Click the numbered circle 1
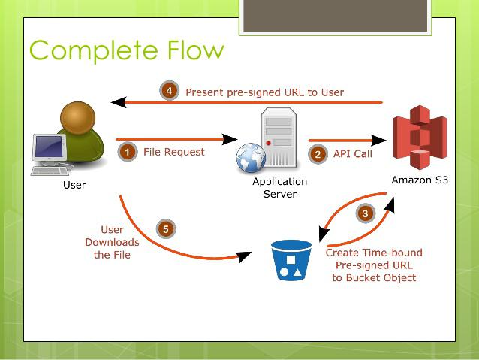[128, 152]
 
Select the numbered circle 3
[365, 213]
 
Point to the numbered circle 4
[169, 92]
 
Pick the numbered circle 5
[165, 228]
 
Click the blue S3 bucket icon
[292, 260]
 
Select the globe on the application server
[250, 159]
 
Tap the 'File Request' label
[173, 152]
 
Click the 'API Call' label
[353, 153]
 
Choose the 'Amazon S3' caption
[420, 180]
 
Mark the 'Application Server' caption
[279, 188]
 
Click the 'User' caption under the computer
[74, 185]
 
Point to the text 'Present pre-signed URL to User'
[264, 92]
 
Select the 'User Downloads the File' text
[112, 242]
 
